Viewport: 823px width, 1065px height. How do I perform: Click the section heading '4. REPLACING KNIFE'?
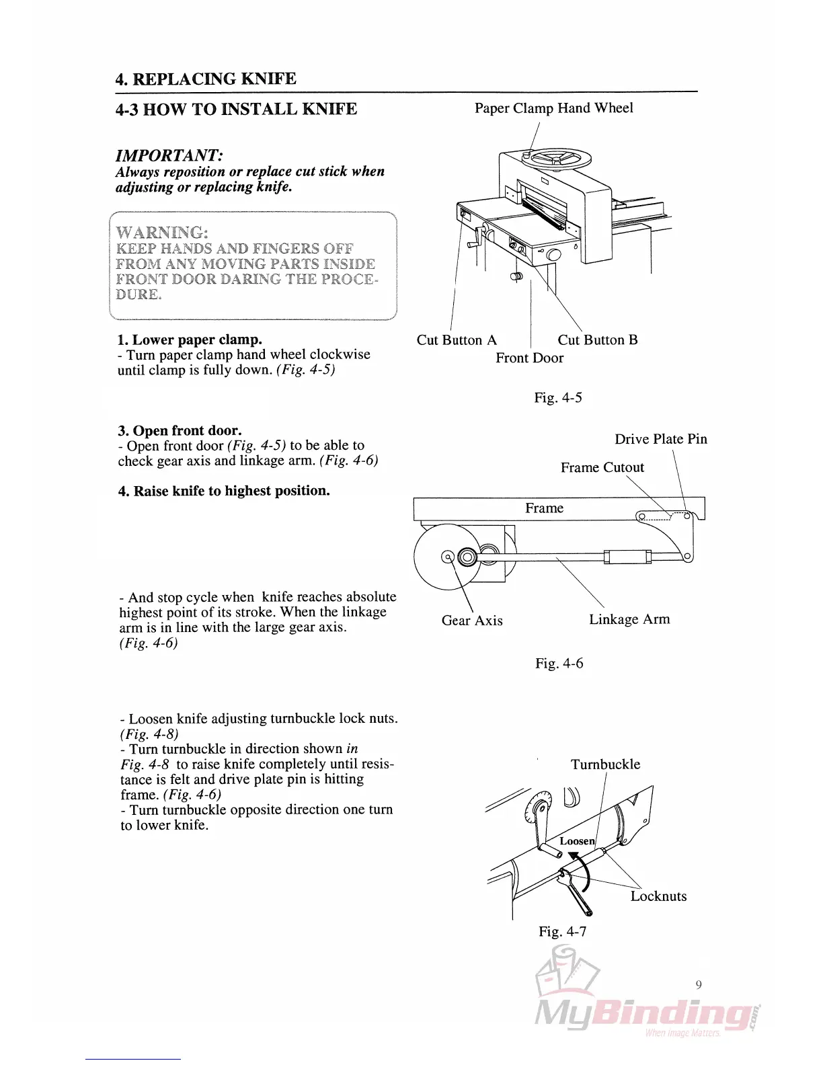tap(206, 79)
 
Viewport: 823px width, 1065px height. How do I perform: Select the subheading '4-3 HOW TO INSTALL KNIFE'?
tap(236, 109)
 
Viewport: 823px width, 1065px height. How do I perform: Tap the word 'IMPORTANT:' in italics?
tap(169, 155)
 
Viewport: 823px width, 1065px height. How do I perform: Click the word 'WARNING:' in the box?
tap(161, 233)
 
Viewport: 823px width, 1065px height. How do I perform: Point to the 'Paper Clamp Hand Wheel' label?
tap(553, 108)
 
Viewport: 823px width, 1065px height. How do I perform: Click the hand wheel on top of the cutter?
tap(558, 159)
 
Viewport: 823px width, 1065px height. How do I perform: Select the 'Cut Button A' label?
tap(457, 340)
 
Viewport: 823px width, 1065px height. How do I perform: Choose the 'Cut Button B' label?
tap(597, 340)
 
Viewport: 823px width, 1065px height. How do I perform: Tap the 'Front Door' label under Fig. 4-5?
tap(529, 358)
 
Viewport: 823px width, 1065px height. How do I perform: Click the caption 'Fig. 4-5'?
tap(558, 397)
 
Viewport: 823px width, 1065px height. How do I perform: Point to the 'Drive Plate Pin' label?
tap(660, 439)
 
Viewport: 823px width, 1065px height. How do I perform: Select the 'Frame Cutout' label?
tap(602, 467)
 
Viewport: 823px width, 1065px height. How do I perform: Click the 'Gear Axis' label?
tap(472, 621)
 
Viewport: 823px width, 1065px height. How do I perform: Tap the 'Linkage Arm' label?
tap(629, 619)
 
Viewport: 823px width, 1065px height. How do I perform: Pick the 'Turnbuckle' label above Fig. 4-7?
tap(605, 764)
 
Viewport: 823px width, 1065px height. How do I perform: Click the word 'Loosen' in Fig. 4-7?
tap(577, 841)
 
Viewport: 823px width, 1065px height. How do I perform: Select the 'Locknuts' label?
tap(658, 896)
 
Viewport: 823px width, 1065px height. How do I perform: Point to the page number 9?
tap(699, 985)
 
